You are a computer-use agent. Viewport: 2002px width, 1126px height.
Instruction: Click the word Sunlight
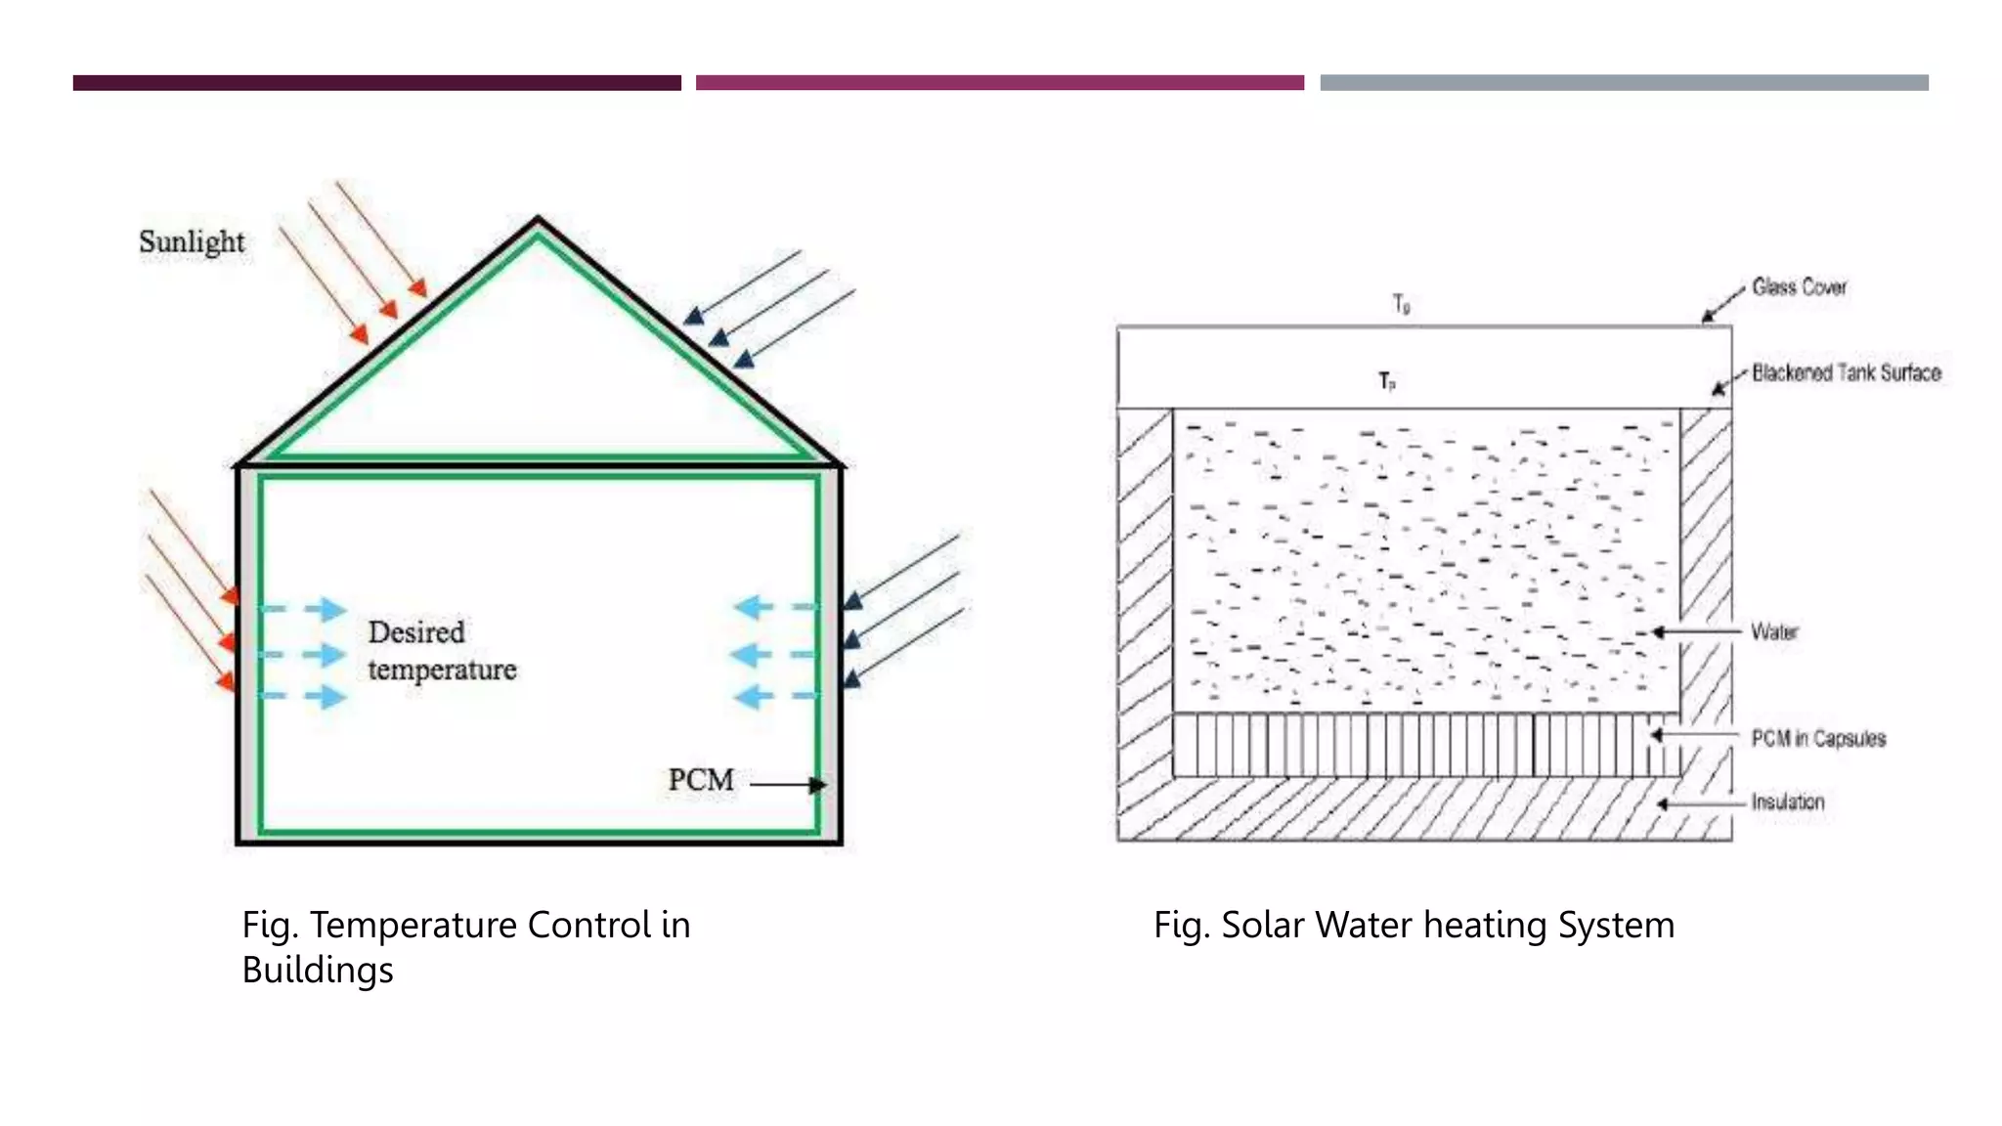click(192, 241)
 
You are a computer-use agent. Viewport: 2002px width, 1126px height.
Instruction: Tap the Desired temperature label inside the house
click(441, 651)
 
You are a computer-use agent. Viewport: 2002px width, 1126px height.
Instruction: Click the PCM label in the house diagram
click(701, 780)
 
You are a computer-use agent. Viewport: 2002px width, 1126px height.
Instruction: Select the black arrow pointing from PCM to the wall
click(787, 784)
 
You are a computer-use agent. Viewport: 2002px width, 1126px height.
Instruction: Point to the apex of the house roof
click(538, 220)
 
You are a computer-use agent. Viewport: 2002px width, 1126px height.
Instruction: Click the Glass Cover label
click(1799, 287)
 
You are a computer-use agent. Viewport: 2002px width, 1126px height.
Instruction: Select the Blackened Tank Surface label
click(1846, 372)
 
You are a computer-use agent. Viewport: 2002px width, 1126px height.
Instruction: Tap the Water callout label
click(1774, 632)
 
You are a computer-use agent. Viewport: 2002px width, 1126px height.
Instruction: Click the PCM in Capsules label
click(1818, 738)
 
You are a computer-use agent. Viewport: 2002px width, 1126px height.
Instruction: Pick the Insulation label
click(1787, 802)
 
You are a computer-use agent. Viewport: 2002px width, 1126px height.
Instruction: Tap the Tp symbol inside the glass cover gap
click(1387, 381)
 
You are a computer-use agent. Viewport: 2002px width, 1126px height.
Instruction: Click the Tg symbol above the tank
click(1401, 304)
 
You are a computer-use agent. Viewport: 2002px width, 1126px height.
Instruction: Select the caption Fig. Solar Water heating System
click(1414, 925)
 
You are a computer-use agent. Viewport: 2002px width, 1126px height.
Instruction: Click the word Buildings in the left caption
click(318, 970)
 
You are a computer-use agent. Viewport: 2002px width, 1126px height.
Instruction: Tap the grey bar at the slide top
click(1624, 83)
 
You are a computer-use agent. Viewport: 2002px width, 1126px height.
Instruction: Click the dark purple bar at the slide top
click(376, 83)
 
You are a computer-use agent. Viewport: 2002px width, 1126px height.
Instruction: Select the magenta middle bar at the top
click(999, 83)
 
